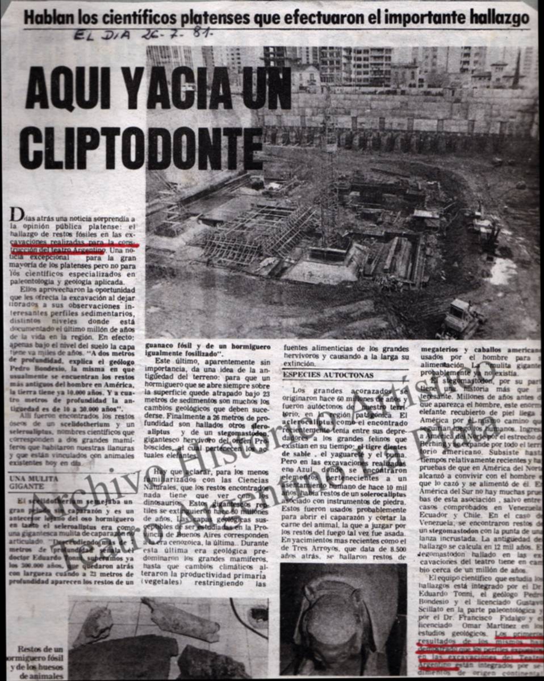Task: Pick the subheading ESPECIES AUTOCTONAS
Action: pyautogui.click(x=321, y=375)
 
